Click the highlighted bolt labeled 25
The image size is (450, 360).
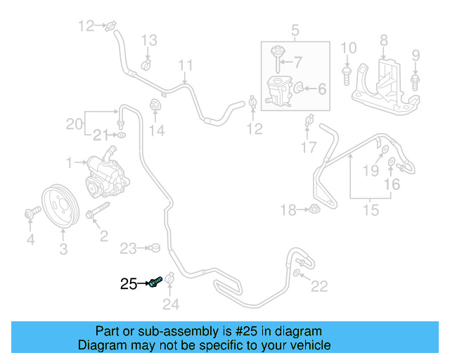click(x=156, y=283)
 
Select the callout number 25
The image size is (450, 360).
click(x=129, y=284)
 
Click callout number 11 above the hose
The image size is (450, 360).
click(x=185, y=66)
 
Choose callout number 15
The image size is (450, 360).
click(x=370, y=210)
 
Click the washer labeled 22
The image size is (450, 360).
click(x=298, y=273)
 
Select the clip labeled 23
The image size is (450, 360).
click(x=155, y=247)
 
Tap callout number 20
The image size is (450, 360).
click(x=74, y=124)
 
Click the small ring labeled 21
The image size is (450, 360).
click(x=122, y=134)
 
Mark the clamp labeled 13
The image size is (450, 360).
click(x=146, y=65)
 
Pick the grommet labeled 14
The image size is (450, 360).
click(x=155, y=107)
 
